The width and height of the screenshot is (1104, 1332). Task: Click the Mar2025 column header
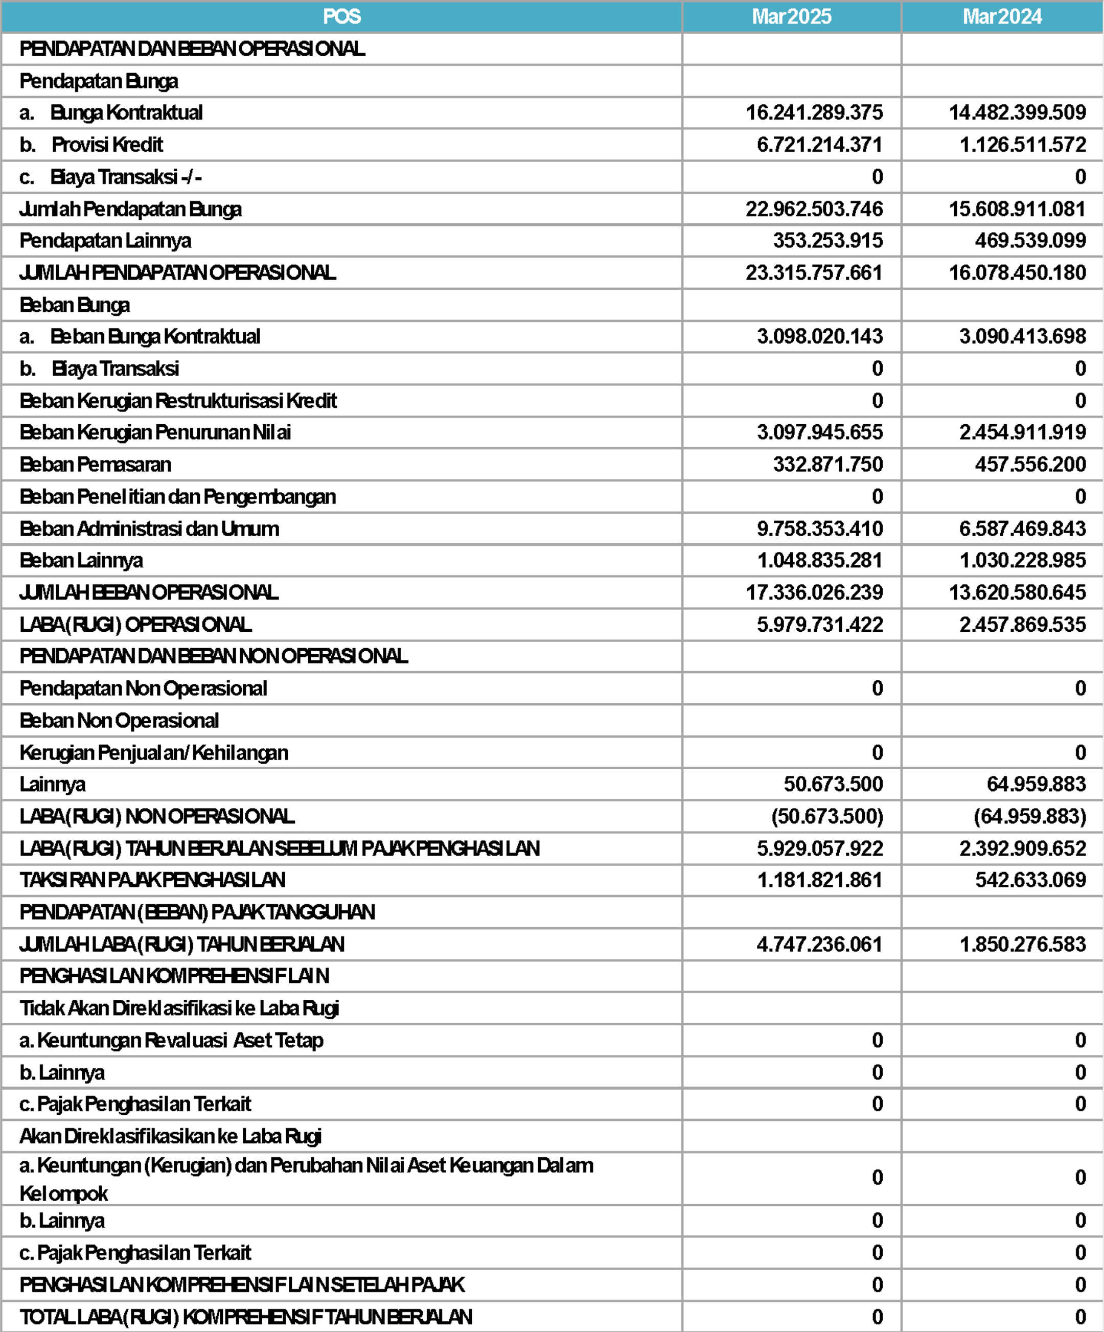(791, 16)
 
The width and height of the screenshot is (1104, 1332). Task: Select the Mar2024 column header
(1002, 16)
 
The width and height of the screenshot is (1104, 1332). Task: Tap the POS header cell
(342, 16)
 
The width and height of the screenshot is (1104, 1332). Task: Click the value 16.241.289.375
(814, 113)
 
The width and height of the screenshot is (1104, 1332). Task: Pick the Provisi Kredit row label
(107, 145)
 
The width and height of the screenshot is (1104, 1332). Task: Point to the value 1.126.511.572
(1023, 145)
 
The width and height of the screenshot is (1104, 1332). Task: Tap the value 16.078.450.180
(1017, 273)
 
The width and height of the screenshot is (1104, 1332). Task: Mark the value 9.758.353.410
(820, 529)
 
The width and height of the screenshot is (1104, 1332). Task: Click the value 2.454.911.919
(1023, 432)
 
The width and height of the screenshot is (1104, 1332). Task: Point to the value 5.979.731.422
(820, 625)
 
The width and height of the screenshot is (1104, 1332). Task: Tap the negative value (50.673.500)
(827, 816)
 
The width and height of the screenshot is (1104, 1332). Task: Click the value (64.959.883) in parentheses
(1030, 816)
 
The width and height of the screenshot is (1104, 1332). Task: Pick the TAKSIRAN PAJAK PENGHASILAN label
(152, 880)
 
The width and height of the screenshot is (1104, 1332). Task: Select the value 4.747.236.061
(819, 945)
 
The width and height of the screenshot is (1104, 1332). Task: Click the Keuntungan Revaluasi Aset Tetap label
(180, 1040)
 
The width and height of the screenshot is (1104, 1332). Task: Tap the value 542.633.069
(1030, 880)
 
